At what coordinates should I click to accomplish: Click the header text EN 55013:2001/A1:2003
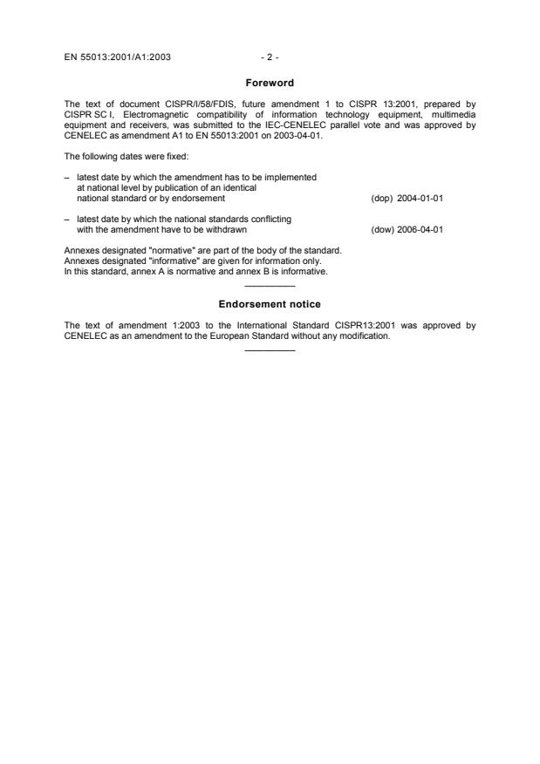pyautogui.click(x=118, y=57)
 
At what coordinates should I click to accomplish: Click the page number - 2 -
pyautogui.click(x=270, y=57)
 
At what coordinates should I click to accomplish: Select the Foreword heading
pyautogui.click(x=270, y=85)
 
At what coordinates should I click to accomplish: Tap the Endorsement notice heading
pyautogui.click(x=270, y=304)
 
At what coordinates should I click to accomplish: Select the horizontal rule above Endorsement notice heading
pyautogui.click(x=270, y=287)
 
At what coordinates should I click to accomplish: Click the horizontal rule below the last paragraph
pyautogui.click(x=270, y=351)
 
